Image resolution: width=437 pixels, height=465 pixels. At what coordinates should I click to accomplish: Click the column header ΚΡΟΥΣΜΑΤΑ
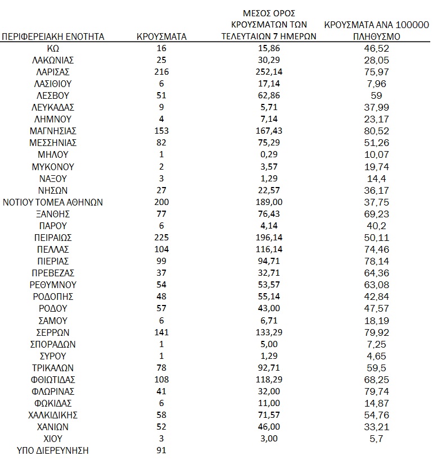(x=162, y=37)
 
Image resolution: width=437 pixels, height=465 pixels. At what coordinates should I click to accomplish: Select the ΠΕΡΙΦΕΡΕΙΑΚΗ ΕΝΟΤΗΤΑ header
(x=53, y=37)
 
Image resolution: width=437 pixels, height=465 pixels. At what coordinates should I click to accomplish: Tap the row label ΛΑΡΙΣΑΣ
(x=53, y=72)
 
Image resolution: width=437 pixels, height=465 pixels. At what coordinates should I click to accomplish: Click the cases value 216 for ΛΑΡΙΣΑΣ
(x=162, y=72)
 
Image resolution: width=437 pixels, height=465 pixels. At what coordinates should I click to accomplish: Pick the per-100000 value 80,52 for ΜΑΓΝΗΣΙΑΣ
(x=377, y=131)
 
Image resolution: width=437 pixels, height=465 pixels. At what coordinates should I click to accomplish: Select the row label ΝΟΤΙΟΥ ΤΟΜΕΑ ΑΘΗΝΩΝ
(x=53, y=202)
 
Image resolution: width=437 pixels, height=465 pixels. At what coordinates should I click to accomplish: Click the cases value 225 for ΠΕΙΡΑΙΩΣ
(x=162, y=238)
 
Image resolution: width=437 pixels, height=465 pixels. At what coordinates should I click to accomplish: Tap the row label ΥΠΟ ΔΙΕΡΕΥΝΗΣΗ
(x=53, y=450)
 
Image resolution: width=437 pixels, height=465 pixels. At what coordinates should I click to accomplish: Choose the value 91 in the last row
(x=162, y=450)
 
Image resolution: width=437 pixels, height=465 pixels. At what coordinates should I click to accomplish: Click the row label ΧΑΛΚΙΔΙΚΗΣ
(x=53, y=415)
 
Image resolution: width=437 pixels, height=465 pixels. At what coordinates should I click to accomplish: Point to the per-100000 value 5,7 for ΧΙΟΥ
(x=377, y=439)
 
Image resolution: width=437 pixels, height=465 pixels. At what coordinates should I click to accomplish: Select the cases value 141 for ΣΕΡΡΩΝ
(x=162, y=332)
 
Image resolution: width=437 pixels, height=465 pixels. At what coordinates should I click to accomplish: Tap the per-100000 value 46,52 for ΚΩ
(x=377, y=48)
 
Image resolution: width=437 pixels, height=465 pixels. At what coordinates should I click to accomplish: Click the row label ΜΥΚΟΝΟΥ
(x=53, y=167)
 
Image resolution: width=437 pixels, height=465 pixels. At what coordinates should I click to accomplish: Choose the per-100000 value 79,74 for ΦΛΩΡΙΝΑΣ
(x=377, y=391)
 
